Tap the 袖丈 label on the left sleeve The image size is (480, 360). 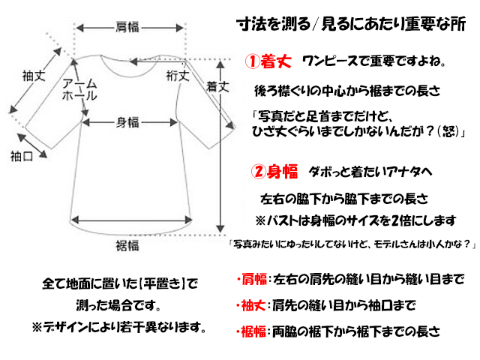(x=33, y=76)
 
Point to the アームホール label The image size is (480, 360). (x=79, y=90)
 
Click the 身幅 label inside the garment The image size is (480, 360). (x=127, y=122)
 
